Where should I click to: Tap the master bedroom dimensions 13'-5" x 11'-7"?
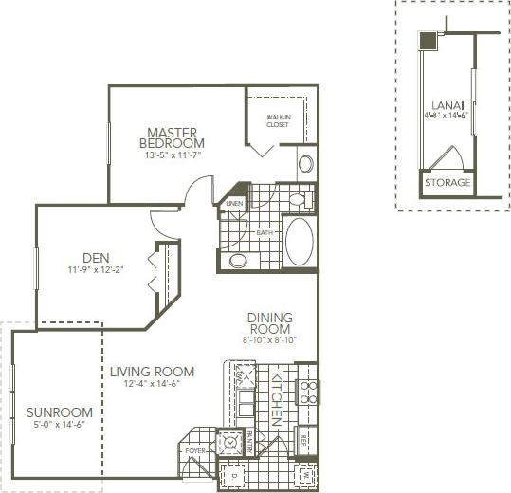click(x=173, y=154)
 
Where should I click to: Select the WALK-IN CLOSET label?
click(x=277, y=121)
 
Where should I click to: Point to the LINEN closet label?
click(x=234, y=203)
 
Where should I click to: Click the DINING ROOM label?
click(x=270, y=322)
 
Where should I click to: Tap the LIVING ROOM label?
click(x=152, y=372)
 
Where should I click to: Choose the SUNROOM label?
click(x=59, y=412)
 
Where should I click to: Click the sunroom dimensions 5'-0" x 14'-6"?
click(x=59, y=427)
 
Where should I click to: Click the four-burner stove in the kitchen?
click(x=306, y=392)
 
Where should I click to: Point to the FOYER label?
click(x=194, y=451)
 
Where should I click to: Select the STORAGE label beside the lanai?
click(x=446, y=182)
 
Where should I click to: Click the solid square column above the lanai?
click(x=428, y=41)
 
